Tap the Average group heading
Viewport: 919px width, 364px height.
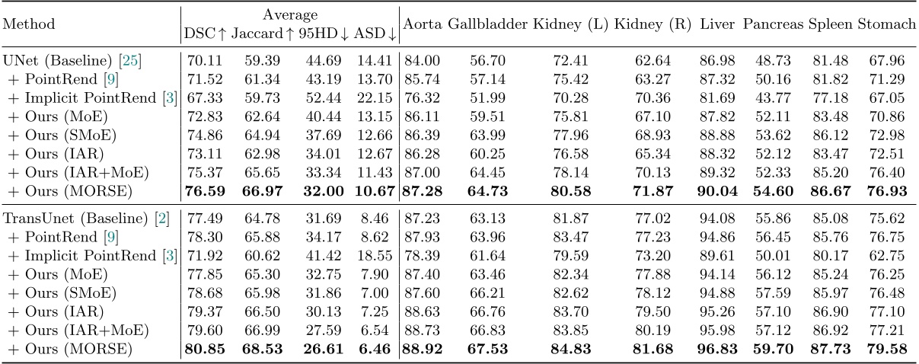pos(289,14)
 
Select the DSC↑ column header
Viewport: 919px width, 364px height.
pos(205,33)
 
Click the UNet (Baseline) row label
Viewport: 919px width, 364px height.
pos(48,60)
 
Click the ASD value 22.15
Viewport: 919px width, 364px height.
pos(378,94)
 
